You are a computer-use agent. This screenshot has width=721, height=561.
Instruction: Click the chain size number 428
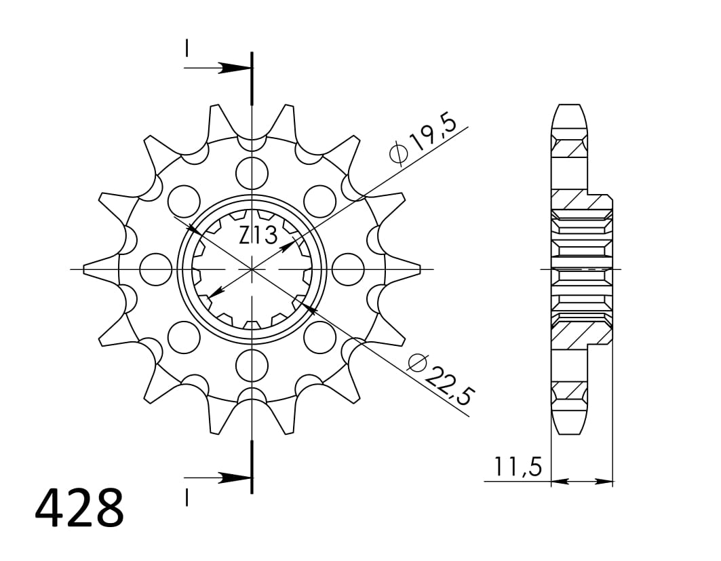[x=79, y=508]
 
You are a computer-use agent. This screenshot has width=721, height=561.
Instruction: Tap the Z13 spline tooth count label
[x=258, y=235]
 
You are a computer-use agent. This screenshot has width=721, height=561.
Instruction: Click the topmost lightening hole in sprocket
[x=252, y=170]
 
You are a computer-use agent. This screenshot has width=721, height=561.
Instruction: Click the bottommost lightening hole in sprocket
[x=252, y=366]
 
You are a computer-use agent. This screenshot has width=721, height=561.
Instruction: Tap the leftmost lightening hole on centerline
[x=155, y=269]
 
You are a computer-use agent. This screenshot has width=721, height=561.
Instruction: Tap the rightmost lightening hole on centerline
[x=349, y=269]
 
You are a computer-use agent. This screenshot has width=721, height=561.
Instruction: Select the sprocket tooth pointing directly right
[x=407, y=269]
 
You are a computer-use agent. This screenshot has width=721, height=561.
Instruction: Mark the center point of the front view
[x=252, y=269]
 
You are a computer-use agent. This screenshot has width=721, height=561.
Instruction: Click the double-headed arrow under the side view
[x=582, y=482]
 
